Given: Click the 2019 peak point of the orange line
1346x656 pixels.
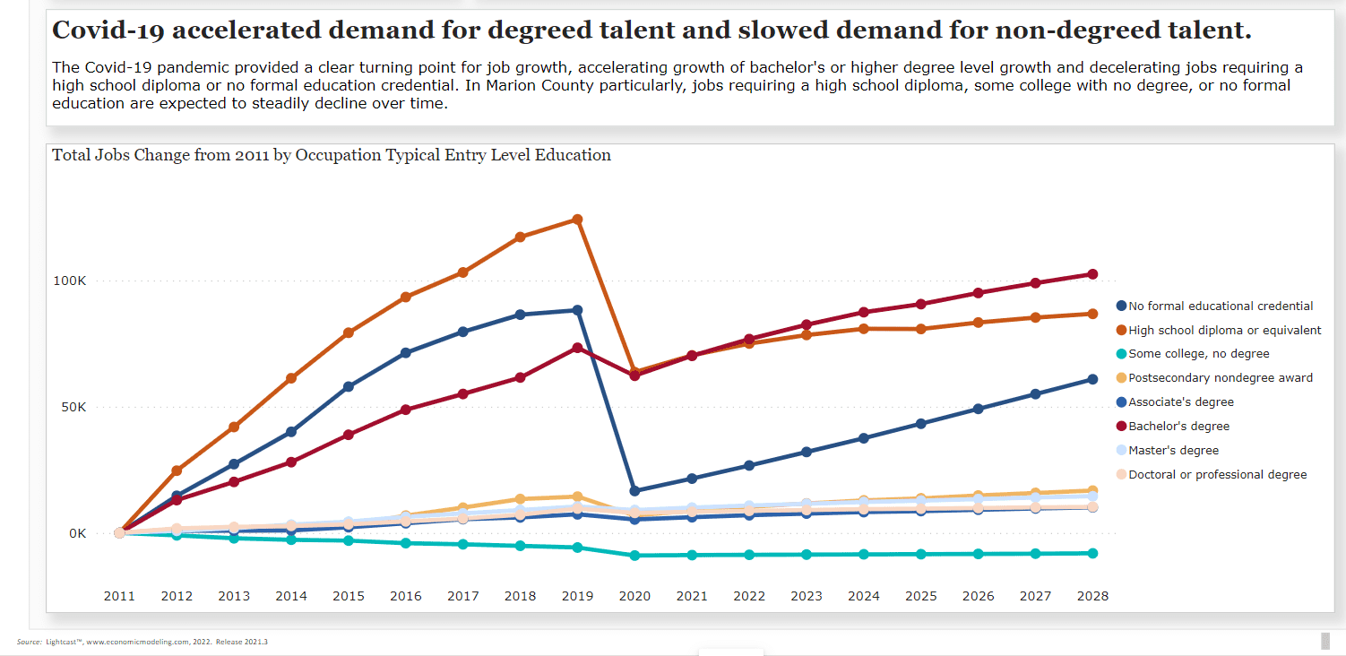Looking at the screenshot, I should tap(577, 220).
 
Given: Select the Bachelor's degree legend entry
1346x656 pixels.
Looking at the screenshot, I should tap(1178, 427).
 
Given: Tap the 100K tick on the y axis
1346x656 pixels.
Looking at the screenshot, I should tap(69, 281).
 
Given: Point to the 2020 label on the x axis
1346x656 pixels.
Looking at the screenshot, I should tap(634, 596).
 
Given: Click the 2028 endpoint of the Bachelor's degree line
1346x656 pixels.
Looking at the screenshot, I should tap(1092, 274).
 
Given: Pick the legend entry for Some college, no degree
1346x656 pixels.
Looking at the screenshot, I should tap(1198, 354).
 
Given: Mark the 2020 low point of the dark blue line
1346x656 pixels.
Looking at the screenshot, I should tap(634, 491).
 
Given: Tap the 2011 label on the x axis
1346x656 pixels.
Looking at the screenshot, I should tap(119, 596).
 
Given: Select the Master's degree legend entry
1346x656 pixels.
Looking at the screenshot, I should tap(1173, 451).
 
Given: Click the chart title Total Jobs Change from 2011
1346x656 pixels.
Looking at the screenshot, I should tap(332, 155).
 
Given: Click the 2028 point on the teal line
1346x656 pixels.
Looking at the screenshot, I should tap(1092, 553).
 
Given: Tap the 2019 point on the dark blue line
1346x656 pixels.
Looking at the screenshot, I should tap(577, 310).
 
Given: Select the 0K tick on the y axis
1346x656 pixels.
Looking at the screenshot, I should tap(76, 533).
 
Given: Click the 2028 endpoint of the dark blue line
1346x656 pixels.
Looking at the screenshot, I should tap(1092, 379).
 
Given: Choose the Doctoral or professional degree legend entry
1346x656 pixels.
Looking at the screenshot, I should tap(1217, 475).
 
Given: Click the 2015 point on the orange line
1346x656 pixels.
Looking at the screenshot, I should tap(349, 332).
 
